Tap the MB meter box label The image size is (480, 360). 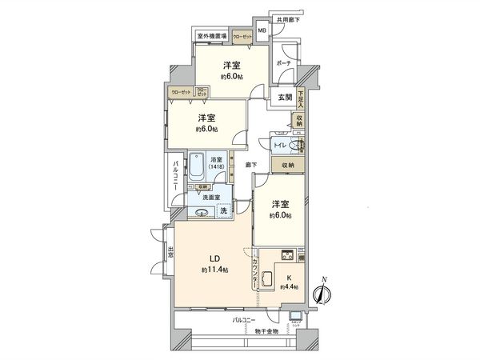pyautogui.click(x=262, y=31)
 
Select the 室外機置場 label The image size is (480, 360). pyautogui.click(x=212, y=36)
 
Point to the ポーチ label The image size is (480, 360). pyautogui.click(x=283, y=62)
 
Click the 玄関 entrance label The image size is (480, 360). pyautogui.click(x=286, y=98)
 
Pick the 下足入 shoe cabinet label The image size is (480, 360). pyautogui.click(x=301, y=98)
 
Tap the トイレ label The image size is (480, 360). pyautogui.click(x=280, y=145)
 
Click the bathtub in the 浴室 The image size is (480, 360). pyautogui.click(x=196, y=169)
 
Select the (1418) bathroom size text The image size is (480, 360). pyautogui.click(x=217, y=169)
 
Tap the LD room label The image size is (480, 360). pyautogui.click(x=214, y=258)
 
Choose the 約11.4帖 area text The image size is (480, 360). pyautogui.click(x=214, y=270)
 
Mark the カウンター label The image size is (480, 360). pyautogui.click(x=254, y=272)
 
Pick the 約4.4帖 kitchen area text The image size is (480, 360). pyautogui.click(x=289, y=286)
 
